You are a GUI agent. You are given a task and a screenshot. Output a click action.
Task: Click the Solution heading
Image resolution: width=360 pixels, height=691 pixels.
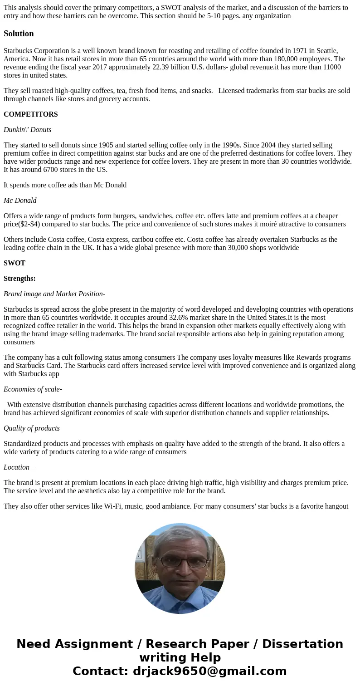pyautogui.click(x=19, y=34)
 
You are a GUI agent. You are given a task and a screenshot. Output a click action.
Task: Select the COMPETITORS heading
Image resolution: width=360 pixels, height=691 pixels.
pyautogui.click(x=30, y=114)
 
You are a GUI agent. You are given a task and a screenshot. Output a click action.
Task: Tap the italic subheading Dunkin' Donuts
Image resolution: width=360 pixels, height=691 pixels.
pyautogui.click(x=27, y=130)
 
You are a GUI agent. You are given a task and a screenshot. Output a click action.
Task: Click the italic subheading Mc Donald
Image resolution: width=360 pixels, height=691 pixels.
pyautogui.click(x=20, y=201)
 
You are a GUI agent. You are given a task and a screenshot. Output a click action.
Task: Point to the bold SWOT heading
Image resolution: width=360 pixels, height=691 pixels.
pyautogui.click(x=15, y=263)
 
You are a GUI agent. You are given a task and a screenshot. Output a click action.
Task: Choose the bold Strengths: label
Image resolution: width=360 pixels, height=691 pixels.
pyautogui.click(x=19, y=279)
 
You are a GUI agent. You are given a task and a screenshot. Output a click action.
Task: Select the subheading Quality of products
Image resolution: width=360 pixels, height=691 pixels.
pyautogui.click(x=32, y=428)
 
